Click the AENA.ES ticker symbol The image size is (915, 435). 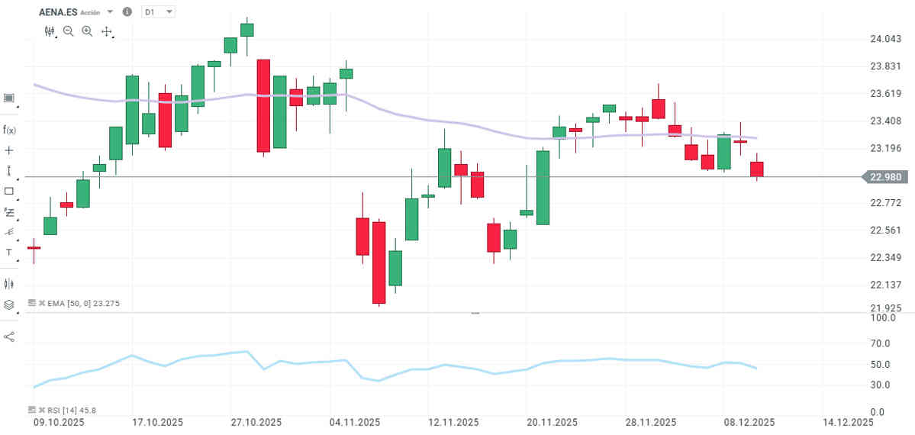57,12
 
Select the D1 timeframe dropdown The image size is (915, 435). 159,12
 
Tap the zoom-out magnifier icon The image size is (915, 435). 69,31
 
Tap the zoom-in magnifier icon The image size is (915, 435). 87,31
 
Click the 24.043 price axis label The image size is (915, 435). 885,39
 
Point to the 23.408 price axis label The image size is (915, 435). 885,121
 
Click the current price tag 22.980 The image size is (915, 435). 885,177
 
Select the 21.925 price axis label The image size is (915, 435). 885,308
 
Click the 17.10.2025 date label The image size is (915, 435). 158,422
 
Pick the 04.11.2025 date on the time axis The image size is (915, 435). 355,422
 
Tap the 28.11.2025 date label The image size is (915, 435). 650,422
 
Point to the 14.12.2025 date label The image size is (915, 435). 847,422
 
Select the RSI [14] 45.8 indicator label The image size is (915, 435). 69,410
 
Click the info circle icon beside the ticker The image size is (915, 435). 127,12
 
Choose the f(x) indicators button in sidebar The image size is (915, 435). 9,130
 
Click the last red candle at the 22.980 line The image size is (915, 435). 757,169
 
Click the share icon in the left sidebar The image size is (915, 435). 9,337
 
